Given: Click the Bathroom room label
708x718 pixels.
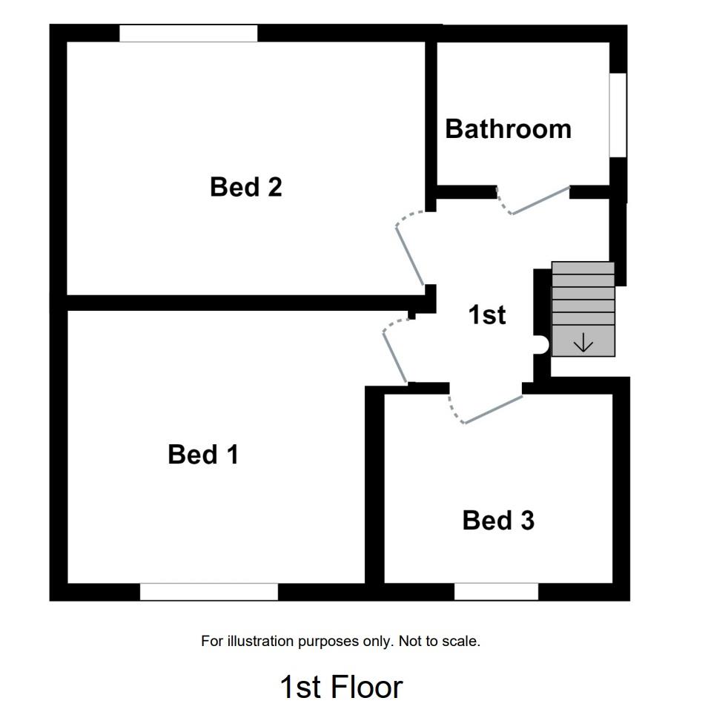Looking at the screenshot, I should click(x=508, y=129).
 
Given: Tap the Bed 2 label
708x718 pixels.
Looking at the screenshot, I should click(x=245, y=186).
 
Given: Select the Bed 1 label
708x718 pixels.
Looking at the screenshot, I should click(x=203, y=454).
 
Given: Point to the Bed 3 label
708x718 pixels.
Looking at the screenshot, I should click(x=497, y=520).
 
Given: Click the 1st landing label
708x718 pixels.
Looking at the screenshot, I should click(x=487, y=314).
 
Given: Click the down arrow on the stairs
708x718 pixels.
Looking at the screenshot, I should click(x=583, y=343).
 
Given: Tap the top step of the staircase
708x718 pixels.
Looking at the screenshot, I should click(x=583, y=269).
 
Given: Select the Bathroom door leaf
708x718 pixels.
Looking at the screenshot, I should click(x=541, y=200).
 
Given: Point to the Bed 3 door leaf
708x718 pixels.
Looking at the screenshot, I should click(x=494, y=409).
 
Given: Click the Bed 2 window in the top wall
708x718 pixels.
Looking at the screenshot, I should click(x=188, y=33).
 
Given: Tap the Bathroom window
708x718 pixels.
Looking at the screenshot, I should click(x=618, y=115).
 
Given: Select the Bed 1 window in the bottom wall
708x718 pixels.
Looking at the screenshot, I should click(x=208, y=591).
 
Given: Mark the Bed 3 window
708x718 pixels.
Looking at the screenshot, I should click(x=496, y=591).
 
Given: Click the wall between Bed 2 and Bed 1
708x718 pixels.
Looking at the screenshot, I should click(x=237, y=303).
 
